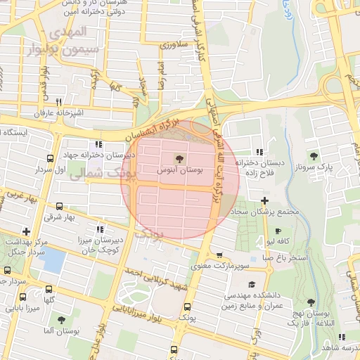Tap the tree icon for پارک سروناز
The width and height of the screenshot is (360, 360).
(x=313, y=157)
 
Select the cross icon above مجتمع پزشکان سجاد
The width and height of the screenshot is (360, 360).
(x=264, y=201)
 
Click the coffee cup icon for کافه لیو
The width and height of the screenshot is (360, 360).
(x=278, y=231)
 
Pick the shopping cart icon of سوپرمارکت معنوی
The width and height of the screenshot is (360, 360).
(x=220, y=256)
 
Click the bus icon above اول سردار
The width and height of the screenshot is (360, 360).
(x=49, y=159)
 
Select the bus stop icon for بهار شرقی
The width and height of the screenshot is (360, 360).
(x=59, y=207)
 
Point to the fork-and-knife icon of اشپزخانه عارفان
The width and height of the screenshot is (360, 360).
(x=59, y=102)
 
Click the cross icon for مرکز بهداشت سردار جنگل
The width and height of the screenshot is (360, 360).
(x=26, y=231)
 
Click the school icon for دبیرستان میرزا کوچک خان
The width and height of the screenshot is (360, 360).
(x=100, y=229)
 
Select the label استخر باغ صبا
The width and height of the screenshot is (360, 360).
(x=285, y=258)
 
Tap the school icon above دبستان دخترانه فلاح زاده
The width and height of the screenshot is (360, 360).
(x=259, y=151)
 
